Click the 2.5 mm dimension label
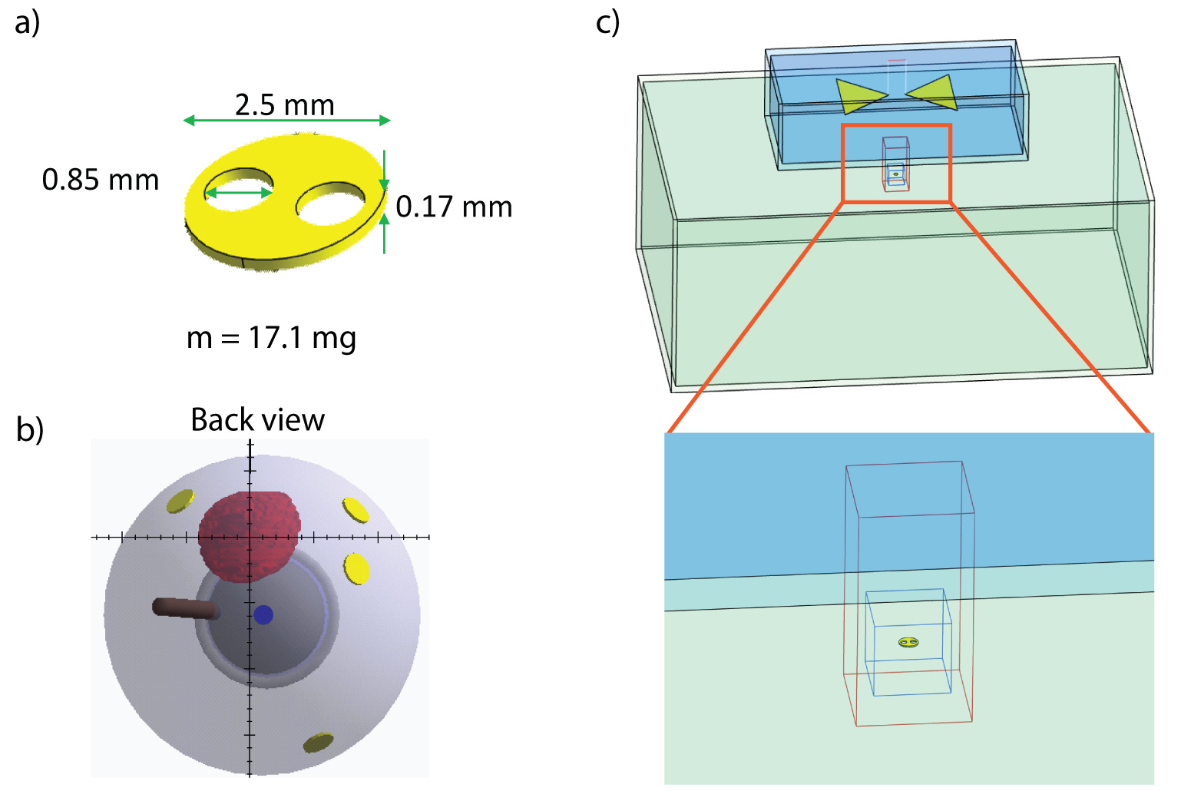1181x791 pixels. coord(284,105)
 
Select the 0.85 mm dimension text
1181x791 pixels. coord(100,180)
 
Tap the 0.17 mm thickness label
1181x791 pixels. coord(454,207)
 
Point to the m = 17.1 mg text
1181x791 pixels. coord(271,337)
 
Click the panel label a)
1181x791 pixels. coord(27,22)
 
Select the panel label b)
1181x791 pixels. coord(29,429)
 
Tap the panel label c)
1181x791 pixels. coord(607,22)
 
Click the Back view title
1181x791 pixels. coord(257,420)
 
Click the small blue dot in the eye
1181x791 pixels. coord(263,614)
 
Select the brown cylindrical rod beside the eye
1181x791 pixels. coord(184,608)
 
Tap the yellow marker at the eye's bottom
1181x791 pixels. coord(318,742)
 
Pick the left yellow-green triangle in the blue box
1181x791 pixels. coord(859,96)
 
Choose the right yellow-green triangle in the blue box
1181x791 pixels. coord(933,93)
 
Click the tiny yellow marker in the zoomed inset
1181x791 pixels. coord(908,642)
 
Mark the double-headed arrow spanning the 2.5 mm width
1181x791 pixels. coord(286,121)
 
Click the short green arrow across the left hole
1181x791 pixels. coord(239,193)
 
